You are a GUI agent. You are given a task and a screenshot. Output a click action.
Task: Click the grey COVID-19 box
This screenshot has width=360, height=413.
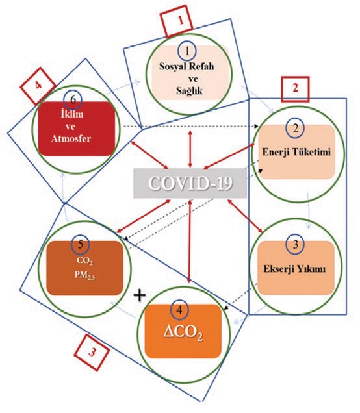pyautogui.click(x=190, y=183)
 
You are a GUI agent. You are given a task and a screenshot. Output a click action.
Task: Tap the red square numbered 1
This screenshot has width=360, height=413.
pyautogui.click(x=177, y=21)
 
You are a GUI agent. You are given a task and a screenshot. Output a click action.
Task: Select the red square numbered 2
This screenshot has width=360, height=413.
pyautogui.click(x=295, y=89)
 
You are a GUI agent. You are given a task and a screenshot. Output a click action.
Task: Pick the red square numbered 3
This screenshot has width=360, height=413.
pyautogui.click(x=92, y=353)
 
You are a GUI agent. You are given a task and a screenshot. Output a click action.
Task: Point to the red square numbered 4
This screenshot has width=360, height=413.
pyautogui.click(x=38, y=86)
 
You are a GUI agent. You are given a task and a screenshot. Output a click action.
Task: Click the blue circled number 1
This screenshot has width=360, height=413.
pyautogui.click(x=187, y=51)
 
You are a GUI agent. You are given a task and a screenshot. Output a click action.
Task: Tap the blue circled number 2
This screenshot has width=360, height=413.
pyautogui.click(x=295, y=129)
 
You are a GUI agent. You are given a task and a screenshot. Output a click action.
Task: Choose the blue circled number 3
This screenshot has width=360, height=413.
pyautogui.click(x=295, y=245)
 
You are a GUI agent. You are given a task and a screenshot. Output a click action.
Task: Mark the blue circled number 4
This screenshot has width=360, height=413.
pyautogui.click(x=179, y=310)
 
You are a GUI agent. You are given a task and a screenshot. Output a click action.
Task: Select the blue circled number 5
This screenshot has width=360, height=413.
pyautogui.click(x=81, y=244)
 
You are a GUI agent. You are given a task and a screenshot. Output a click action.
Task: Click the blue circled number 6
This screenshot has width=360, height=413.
pyautogui.click(x=73, y=100)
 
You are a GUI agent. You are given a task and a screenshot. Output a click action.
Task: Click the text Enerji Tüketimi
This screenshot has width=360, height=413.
pyautogui.click(x=296, y=152)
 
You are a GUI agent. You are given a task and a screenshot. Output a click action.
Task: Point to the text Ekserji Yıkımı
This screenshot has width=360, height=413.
pyautogui.click(x=294, y=269)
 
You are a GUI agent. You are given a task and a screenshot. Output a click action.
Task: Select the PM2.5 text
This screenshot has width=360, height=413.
pyautogui.click(x=84, y=275)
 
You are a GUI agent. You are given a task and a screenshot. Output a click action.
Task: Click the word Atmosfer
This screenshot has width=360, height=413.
pyautogui.click(x=71, y=138)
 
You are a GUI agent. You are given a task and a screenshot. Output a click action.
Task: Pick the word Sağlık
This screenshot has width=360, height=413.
pyautogui.click(x=189, y=91)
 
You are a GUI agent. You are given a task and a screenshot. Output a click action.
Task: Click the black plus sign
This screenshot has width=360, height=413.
pyautogui.click(x=140, y=295)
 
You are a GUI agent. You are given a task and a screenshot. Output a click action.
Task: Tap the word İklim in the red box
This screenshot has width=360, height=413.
pyautogui.click(x=72, y=114)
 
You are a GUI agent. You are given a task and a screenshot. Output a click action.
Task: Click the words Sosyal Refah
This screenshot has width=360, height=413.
pyautogui.click(x=186, y=66)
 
